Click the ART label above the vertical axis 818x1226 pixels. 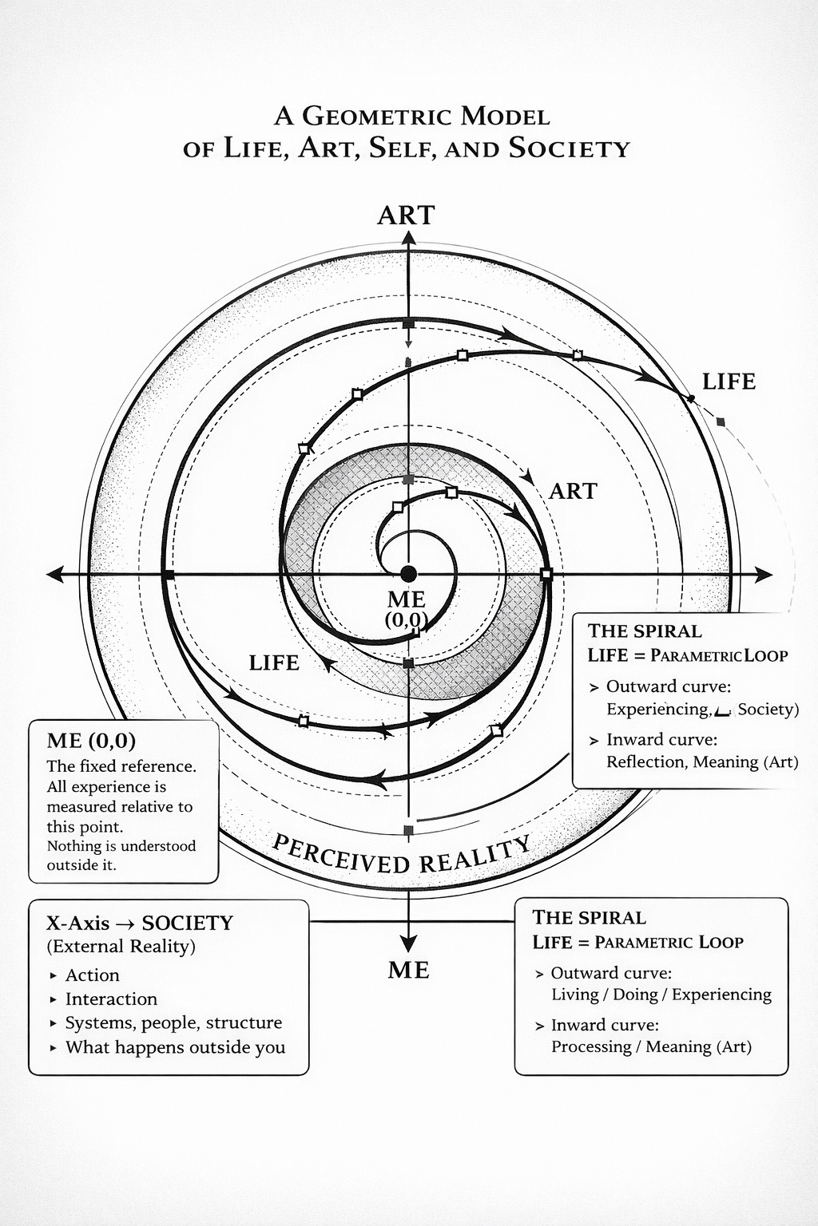(x=406, y=215)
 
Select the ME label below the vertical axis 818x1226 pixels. (x=408, y=970)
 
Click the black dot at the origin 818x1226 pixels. (x=408, y=574)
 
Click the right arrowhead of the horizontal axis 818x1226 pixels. (x=764, y=575)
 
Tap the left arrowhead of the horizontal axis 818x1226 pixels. (x=56, y=574)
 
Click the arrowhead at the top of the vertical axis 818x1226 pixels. (x=407, y=237)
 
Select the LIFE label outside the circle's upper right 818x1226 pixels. (x=729, y=382)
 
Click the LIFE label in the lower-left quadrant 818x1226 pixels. (x=274, y=662)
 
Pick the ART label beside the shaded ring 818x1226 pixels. (x=573, y=491)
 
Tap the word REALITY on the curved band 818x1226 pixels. (x=475, y=854)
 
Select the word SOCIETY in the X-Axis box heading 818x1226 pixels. (x=188, y=923)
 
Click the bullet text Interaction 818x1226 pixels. (x=111, y=999)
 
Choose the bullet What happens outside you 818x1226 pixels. (x=175, y=1047)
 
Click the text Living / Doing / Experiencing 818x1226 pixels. (x=661, y=994)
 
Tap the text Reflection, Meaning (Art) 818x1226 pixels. (x=702, y=761)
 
